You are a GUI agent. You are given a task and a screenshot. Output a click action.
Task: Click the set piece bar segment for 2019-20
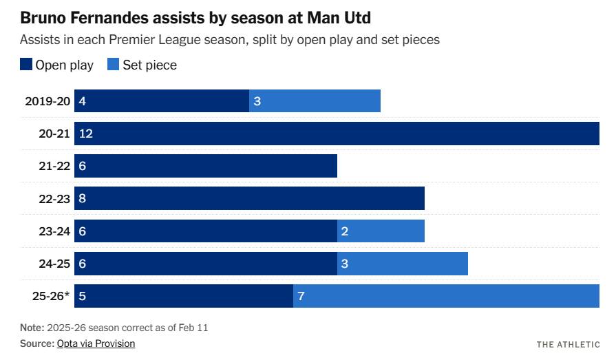click(315, 101)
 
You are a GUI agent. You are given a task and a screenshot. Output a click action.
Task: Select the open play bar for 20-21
click(337, 134)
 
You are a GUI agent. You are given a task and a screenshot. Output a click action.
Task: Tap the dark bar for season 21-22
click(206, 166)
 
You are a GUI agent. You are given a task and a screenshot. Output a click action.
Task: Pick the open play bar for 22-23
click(249, 198)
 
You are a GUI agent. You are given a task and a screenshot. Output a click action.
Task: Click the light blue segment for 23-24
click(381, 231)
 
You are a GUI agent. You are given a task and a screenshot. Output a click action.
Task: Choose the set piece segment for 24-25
click(403, 264)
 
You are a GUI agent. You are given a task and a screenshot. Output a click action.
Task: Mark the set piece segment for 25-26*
click(446, 296)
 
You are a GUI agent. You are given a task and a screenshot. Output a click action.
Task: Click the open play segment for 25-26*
click(184, 296)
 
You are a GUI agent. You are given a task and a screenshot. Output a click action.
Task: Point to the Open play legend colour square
click(26, 65)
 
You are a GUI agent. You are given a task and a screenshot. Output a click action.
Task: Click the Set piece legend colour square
click(114, 65)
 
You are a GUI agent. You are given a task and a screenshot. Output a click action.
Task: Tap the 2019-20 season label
click(47, 101)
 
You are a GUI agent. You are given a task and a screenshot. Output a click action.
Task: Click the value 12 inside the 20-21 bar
click(86, 134)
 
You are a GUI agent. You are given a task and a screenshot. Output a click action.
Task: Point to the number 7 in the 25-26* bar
click(301, 296)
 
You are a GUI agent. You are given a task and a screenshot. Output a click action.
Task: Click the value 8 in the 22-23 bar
click(83, 198)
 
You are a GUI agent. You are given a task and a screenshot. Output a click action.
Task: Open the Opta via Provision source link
click(96, 343)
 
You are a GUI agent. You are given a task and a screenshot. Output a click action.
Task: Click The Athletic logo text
click(568, 343)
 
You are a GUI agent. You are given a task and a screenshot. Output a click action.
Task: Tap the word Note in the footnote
click(32, 328)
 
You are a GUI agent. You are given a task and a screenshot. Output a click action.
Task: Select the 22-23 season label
click(54, 198)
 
